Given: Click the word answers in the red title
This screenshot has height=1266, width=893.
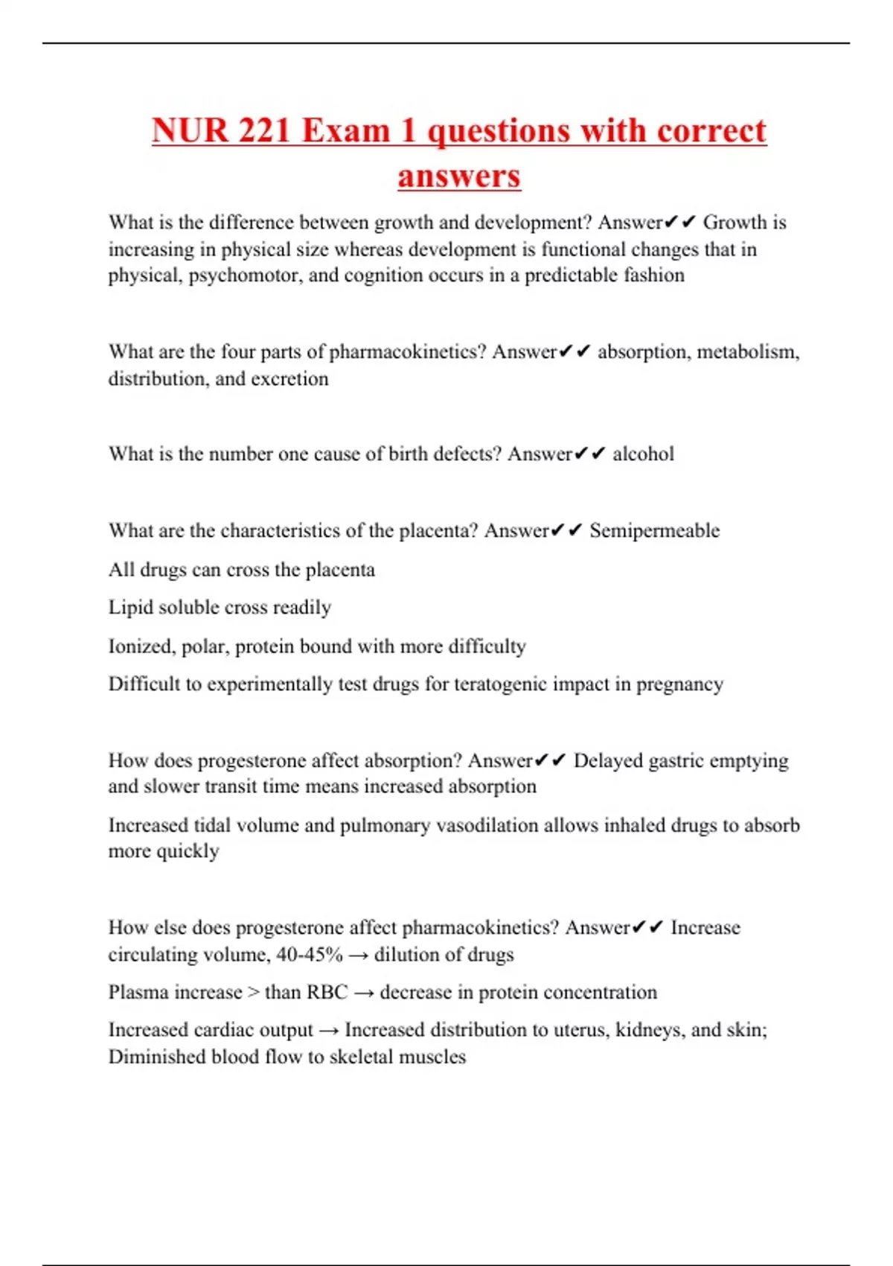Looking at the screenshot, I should pos(458,176).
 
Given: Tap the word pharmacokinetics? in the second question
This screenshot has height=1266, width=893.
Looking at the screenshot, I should pos(408,352).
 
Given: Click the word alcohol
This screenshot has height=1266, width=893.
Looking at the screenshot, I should pos(643,454).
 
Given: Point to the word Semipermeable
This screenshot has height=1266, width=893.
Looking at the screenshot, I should pos(654,531).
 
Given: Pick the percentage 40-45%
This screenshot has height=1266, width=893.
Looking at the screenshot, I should pos(310,955).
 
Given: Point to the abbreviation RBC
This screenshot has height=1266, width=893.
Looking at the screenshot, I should pos(327,993).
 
